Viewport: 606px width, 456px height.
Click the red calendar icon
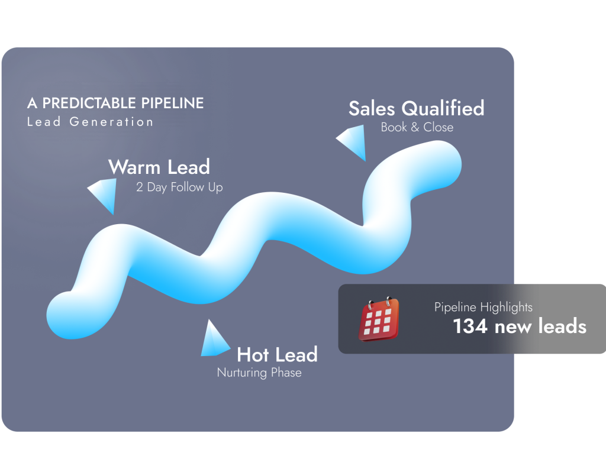pyautogui.click(x=378, y=319)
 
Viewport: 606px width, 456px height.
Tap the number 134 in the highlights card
pyautogui.click(x=470, y=326)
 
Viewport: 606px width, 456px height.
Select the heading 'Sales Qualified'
pyautogui.click(x=416, y=108)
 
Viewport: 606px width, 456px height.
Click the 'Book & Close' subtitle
pyautogui.click(x=417, y=127)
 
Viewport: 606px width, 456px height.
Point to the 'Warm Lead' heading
pyautogui.click(x=159, y=167)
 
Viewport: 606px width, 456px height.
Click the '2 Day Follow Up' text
pyautogui.click(x=179, y=187)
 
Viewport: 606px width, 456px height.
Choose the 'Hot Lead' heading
pyautogui.click(x=277, y=354)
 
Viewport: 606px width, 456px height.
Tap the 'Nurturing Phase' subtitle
pyautogui.click(x=259, y=373)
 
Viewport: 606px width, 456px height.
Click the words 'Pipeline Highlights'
pyautogui.click(x=483, y=307)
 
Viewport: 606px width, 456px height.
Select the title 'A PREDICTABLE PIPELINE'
pyautogui.click(x=115, y=103)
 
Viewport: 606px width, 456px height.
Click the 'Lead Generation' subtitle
pyautogui.click(x=90, y=122)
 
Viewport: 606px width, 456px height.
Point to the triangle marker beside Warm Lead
pyautogui.click(x=104, y=194)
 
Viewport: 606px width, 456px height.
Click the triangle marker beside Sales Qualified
pyautogui.click(x=353, y=144)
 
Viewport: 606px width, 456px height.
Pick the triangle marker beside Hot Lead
pyautogui.click(x=213, y=340)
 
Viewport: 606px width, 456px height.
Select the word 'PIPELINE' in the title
pyautogui.click(x=172, y=103)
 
